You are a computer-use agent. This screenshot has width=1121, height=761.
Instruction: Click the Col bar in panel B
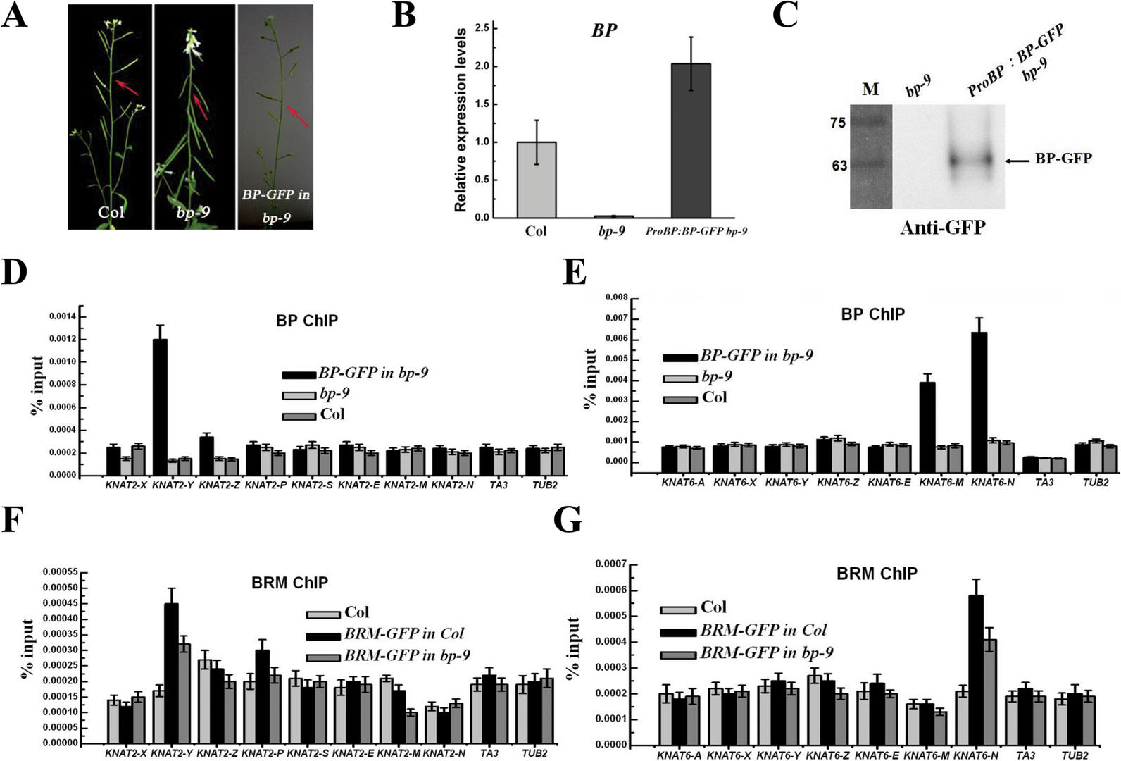pyautogui.click(x=536, y=180)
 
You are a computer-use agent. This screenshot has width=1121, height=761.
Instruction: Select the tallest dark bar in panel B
pyautogui.click(x=690, y=140)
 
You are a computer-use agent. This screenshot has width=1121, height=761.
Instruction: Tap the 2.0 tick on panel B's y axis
pyautogui.click(x=482, y=67)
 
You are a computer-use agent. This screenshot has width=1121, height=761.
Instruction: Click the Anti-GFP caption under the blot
pyautogui.click(x=942, y=227)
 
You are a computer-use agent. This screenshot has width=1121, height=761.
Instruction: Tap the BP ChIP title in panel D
pyautogui.click(x=306, y=321)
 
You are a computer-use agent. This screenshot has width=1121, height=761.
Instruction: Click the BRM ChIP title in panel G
pyautogui.click(x=877, y=574)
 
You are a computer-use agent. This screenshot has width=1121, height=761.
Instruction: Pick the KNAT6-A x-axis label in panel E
pyautogui.click(x=677, y=483)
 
